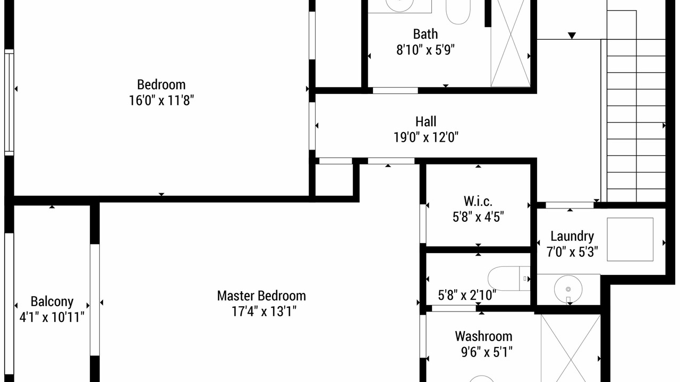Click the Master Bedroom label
261,296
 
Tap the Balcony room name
52,302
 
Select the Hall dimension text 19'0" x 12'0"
426,137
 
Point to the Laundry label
572,236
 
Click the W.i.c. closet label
478,201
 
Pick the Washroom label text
483,336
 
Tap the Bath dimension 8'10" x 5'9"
426,50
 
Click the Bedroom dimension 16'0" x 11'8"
161,100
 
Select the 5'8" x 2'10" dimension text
467,295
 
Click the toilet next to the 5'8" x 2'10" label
509,279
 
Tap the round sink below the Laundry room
568,289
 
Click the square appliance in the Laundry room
630,239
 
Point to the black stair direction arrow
572,36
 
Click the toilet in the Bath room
458,12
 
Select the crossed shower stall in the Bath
511,44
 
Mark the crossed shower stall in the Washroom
571,349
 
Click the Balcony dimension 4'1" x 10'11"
52,317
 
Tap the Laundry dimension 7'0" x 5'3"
572,252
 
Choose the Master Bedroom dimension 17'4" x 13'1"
264,311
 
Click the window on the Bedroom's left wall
9,102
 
